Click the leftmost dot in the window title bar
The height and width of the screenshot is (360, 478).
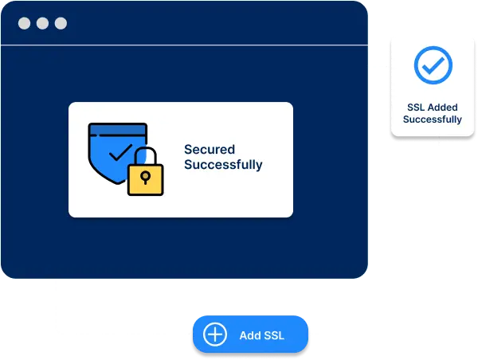tap(25, 23)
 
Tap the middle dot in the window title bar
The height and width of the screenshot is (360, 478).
tap(42, 23)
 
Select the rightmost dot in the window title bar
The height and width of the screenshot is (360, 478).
tap(61, 23)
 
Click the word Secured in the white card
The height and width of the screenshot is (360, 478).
tap(209, 149)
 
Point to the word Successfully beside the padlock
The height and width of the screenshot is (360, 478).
tap(223, 166)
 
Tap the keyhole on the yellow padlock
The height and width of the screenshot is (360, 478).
tap(146, 176)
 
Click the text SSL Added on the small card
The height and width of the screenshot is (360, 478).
tap(432, 107)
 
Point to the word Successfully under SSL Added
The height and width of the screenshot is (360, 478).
tap(432, 119)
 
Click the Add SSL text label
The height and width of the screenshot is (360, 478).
tap(261, 335)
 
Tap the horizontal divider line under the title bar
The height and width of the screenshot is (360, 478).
tap(183, 45)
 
